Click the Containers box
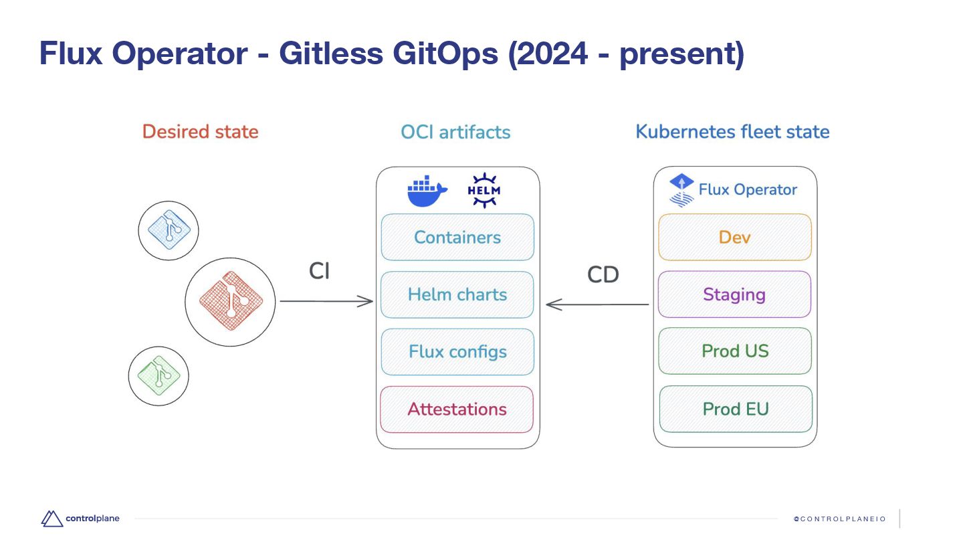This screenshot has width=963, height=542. (x=457, y=237)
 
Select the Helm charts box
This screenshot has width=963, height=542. (x=457, y=294)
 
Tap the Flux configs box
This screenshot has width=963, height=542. (x=457, y=351)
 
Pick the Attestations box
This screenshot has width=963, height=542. (x=457, y=409)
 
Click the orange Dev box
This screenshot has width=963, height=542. (x=734, y=237)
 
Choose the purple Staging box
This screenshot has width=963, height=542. (x=734, y=294)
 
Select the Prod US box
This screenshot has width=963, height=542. (x=735, y=351)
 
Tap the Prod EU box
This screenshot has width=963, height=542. (x=736, y=409)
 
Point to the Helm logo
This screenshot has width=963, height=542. (x=484, y=191)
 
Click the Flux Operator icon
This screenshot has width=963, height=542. (x=681, y=190)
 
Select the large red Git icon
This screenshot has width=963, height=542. (x=229, y=301)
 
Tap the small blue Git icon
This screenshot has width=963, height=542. (x=169, y=231)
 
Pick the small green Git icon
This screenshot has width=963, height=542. (x=158, y=375)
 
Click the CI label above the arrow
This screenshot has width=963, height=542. (x=319, y=271)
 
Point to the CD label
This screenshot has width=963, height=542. (x=603, y=274)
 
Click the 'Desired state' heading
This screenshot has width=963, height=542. (x=200, y=132)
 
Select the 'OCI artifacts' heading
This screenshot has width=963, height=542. (x=455, y=132)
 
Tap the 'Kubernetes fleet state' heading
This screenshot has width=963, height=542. (x=732, y=132)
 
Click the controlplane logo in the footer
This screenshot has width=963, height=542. (x=79, y=518)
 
